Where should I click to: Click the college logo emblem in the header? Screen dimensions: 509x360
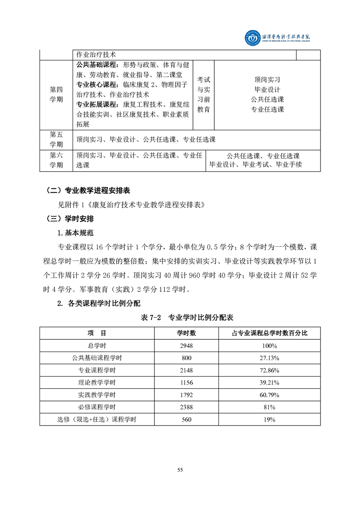tap(251, 39)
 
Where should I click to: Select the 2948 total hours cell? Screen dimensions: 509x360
tap(187, 345)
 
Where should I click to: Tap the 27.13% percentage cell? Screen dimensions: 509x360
tap(270, 357)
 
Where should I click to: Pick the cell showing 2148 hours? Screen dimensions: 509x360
tap(187, 370)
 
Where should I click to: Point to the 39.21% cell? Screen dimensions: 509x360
tap(270, 382)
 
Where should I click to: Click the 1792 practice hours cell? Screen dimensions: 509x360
tap(187, 395)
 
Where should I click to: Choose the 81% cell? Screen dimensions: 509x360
tap(270, 407)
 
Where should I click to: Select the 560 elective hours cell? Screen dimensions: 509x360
tap(187, 420)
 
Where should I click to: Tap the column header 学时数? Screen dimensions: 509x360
tap(187, 333)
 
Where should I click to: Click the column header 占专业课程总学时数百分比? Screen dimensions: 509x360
tap(270, 333)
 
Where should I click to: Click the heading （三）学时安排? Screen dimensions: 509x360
tap(71, 219)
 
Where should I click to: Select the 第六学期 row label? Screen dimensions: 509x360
tap(56, 161)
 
